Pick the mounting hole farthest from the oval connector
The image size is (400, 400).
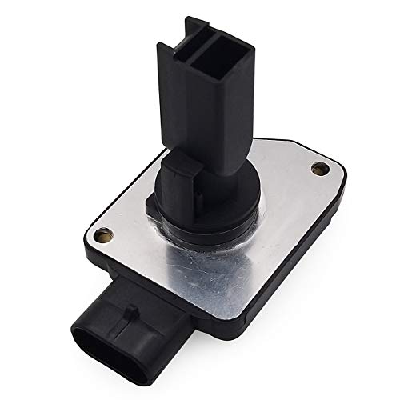(x=320, y=169)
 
